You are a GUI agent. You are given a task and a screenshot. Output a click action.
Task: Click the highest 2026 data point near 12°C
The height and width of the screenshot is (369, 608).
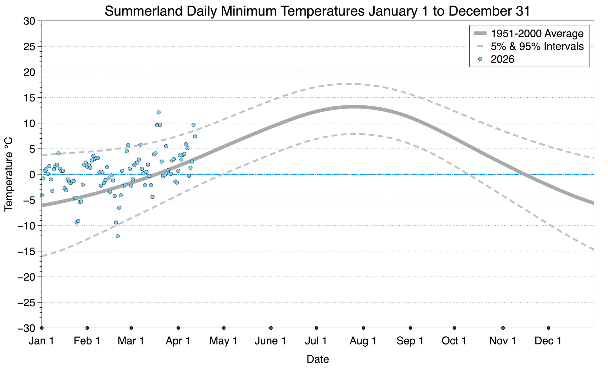(x=158, y=112)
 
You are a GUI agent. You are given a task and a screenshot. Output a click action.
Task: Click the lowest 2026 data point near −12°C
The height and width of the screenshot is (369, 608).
(x=117, y=236)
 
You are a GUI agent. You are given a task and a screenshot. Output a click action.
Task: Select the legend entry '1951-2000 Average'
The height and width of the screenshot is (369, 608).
(x=537, y=33)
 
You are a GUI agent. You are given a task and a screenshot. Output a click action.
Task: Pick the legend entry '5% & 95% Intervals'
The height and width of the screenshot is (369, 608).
(x=537, y=46)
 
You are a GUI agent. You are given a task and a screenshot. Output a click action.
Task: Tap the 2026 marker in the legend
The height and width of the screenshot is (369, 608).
(x=480, y=59)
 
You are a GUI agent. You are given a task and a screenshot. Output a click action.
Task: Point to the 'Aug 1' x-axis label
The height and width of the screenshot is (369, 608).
(x=363, y=341)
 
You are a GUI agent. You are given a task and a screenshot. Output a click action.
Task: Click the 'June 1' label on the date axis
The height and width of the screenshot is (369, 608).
(x=270, y=341)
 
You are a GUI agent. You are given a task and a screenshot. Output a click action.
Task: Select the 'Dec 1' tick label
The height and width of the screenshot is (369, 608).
(x=548, y=341)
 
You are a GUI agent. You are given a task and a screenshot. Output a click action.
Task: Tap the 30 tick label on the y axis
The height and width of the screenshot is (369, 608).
(x=29, y=21)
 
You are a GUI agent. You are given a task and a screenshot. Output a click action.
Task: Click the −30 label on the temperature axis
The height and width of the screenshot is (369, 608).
(x=26, y=328)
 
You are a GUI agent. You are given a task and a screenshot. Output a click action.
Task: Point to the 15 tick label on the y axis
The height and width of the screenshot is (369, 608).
(x=29, y=98)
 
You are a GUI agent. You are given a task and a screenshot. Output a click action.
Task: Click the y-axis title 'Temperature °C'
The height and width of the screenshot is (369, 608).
(x=9, y=174)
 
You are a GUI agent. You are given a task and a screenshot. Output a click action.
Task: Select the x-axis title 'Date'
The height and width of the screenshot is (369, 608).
(x=317, y=359)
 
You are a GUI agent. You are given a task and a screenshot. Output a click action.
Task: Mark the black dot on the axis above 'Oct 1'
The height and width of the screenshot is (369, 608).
(x=454, y=328)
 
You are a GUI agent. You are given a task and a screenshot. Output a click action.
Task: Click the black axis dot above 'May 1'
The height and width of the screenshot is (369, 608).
(x=224, y=328)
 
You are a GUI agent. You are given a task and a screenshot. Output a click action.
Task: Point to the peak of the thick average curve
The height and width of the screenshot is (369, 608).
(x=354, y=107)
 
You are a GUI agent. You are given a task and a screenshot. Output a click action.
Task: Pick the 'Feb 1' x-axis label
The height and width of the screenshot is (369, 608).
(x=87, y=341)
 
